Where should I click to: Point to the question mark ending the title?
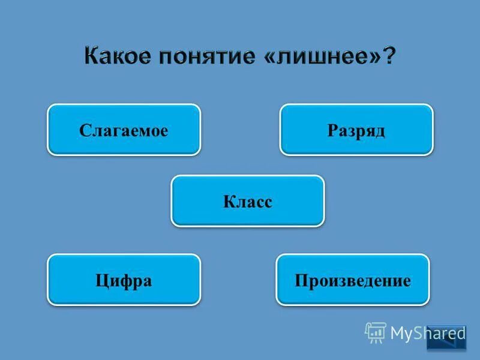coord(389,58)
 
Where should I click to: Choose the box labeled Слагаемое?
coord(124,130)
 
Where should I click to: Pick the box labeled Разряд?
coord(356,130)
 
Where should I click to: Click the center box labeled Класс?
coord(247,201)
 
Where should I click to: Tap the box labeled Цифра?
coord(124,280)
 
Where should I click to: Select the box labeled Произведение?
coord(352,280)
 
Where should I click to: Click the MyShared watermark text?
coord(428,334)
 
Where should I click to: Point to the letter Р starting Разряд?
coord(332,130)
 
